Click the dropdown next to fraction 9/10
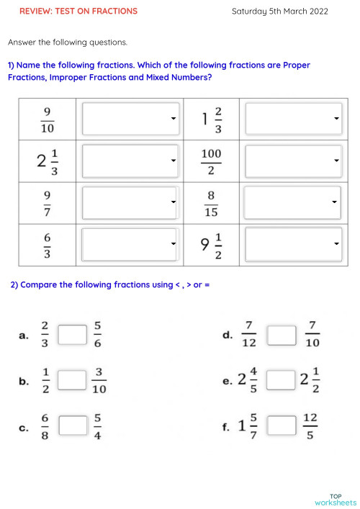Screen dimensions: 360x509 130,119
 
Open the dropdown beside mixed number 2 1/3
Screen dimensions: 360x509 130,161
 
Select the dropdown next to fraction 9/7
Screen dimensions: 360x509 130,203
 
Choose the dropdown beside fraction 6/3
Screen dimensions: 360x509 130,245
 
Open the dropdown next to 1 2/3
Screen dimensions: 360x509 293,119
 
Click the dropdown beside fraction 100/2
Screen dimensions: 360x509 293,161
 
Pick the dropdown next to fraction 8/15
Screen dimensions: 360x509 293,203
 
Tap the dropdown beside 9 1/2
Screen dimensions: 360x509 293,245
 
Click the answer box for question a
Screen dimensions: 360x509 72,335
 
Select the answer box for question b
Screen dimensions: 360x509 72,380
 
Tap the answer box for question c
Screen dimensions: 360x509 72,426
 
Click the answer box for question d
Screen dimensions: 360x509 282,335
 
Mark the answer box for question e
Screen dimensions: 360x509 282,380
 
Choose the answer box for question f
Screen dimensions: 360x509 282,426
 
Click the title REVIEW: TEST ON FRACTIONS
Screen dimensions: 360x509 78,11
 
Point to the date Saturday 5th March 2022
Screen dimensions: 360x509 280,11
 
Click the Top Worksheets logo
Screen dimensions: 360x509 335,500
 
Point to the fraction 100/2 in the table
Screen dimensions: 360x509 211,161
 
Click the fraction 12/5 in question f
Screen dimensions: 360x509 310,426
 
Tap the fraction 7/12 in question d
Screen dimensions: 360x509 248,335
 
